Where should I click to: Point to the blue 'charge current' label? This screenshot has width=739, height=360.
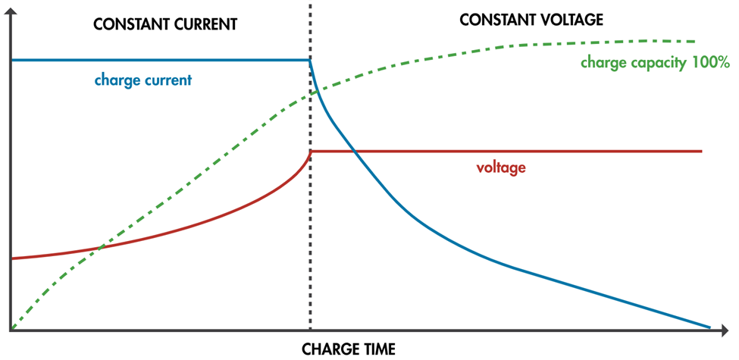coord(142,79)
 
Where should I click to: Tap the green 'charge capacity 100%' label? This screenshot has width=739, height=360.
coord(654,63)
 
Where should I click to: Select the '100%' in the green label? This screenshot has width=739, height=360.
coord(710,63)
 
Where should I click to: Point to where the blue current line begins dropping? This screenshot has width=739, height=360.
coord(310,60)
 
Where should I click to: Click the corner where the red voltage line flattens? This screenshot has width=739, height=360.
coord(311,152)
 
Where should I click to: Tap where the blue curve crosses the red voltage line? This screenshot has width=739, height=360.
coord(355,152)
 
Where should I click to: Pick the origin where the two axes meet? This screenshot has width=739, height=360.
coord(11,330)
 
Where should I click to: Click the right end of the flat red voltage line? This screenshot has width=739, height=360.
coord(702,152)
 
